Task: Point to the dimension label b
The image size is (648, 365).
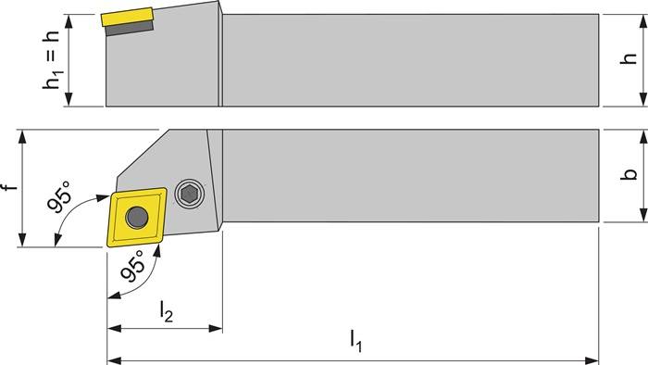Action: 629,175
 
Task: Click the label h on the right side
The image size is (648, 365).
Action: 629,59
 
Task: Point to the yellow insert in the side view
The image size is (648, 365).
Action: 125,18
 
